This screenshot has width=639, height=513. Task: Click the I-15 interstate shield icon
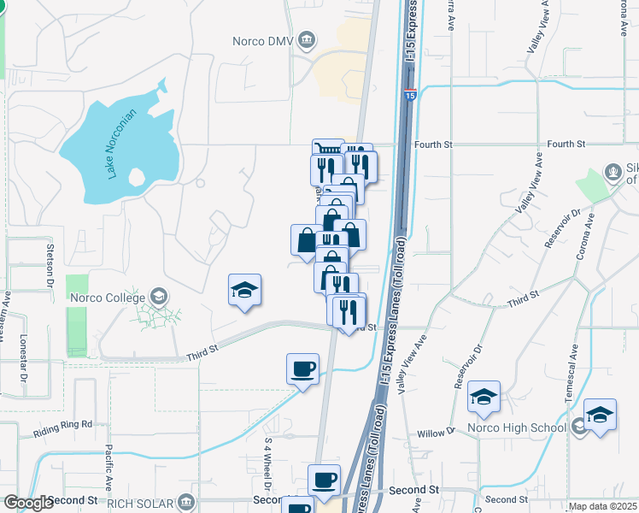tap(410, 97)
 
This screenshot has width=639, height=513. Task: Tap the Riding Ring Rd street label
tap(63, 424)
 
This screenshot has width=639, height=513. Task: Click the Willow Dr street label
tap(437, 433)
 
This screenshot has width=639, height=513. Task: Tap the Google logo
tap(28, 503)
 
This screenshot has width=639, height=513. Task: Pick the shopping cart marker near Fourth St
tap(326, 151)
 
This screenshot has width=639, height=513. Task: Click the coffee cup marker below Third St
tap(302, 369)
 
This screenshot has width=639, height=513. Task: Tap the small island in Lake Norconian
tap(135, 178)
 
